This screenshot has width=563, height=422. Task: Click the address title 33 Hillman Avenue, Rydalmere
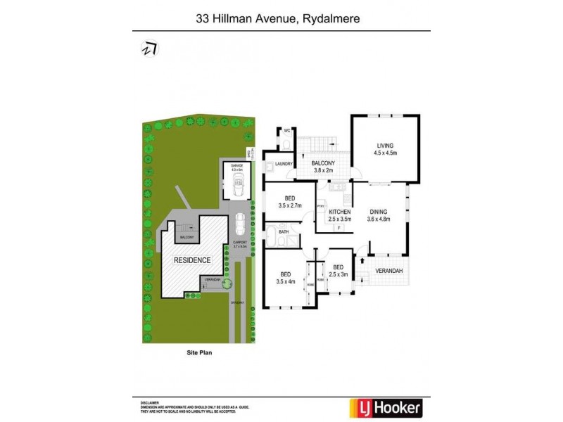[x=281, y=20]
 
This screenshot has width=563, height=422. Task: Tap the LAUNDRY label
[x=284, y=165]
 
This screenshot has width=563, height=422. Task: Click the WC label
[x=286, y=131]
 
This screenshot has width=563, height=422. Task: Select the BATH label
[x=284, y=231]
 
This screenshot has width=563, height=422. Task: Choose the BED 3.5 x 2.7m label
[x=289, y=202]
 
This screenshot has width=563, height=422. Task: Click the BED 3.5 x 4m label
[x=286, y=279]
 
